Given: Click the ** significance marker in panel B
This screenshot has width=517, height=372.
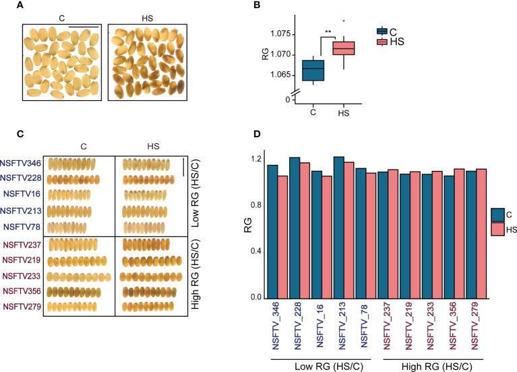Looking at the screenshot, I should tap(328, 32).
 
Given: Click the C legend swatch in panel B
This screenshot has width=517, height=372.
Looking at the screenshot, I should tap(382, 30).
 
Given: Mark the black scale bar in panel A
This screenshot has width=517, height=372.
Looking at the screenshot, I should tap(84, 28).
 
